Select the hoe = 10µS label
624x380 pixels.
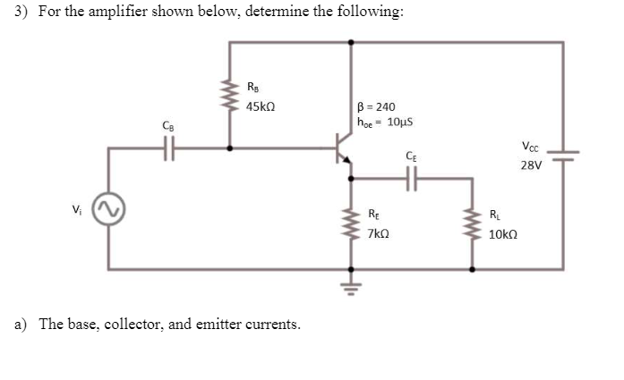[383, 122]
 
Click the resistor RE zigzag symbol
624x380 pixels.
[350, 224]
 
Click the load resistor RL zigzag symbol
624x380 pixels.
[472, 224]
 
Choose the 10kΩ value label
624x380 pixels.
[504, 234]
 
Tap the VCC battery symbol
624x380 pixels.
[564, 156]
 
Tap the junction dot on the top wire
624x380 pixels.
[350, 41]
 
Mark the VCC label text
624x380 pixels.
[530, 148]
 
